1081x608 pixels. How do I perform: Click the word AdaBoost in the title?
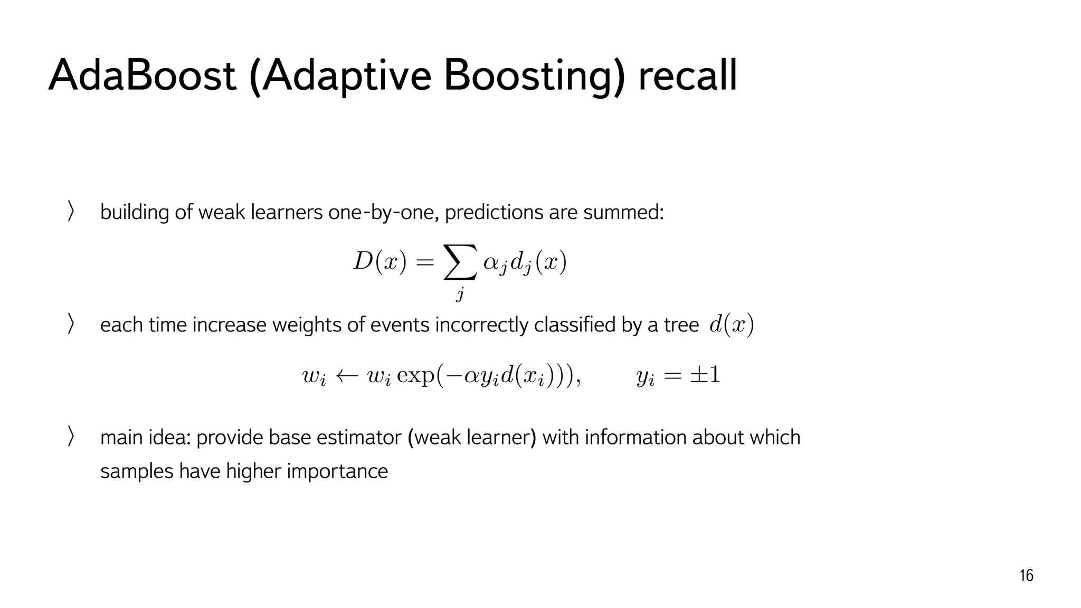(141, 75)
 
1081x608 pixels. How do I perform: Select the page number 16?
(1026, 575)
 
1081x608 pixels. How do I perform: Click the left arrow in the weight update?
(347, 376)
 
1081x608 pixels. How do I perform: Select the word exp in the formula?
(415, 376)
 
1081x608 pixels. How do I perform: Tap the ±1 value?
(705, 375)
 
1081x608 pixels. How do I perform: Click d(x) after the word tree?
(732, 325)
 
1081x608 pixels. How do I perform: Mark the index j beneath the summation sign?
(460, 293)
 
